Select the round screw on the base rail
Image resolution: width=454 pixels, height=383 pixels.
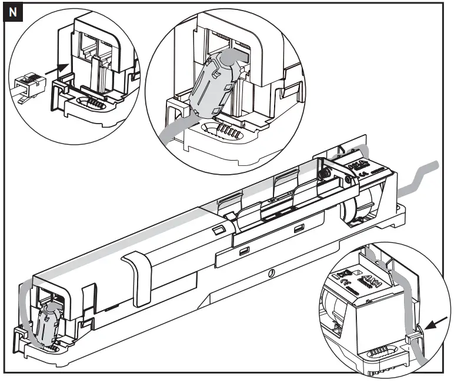click(270, 274)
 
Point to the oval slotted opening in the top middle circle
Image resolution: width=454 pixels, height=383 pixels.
click(221, 130)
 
